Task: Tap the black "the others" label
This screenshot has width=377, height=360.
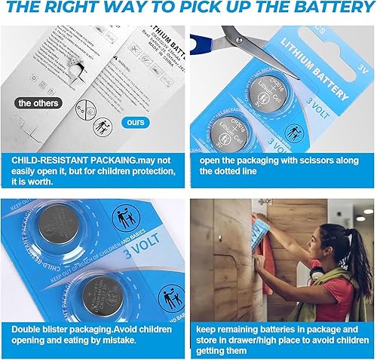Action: point(36,102)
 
